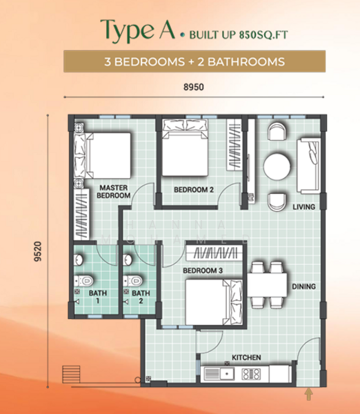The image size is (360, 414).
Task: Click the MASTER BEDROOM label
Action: (114, 192)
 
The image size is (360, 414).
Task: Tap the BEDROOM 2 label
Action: (194, 190)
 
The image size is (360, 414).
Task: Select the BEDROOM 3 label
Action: (203, 270)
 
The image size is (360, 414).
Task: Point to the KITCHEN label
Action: (246, 357)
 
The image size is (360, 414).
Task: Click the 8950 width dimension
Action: (194, 87)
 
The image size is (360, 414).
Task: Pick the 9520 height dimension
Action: (38, 251)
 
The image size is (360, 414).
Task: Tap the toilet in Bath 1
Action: (83, 280)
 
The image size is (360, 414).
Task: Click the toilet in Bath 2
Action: (132, 280)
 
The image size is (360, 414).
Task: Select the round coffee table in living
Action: (277, 167)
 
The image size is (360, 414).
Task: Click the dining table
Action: (267, 285)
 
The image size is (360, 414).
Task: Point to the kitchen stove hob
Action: (251, 374)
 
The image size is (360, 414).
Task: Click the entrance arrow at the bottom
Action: (308, 394)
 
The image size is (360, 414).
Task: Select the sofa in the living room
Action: (308, 166)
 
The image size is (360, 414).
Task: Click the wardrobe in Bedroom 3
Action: (214, 253)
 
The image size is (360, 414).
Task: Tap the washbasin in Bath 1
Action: (78, 260)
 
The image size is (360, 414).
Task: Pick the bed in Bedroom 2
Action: (185, 148)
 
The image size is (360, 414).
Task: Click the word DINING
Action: (303, 286)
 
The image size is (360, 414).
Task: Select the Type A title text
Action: (137, 30)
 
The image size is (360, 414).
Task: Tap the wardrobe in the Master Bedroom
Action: (81, 214)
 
